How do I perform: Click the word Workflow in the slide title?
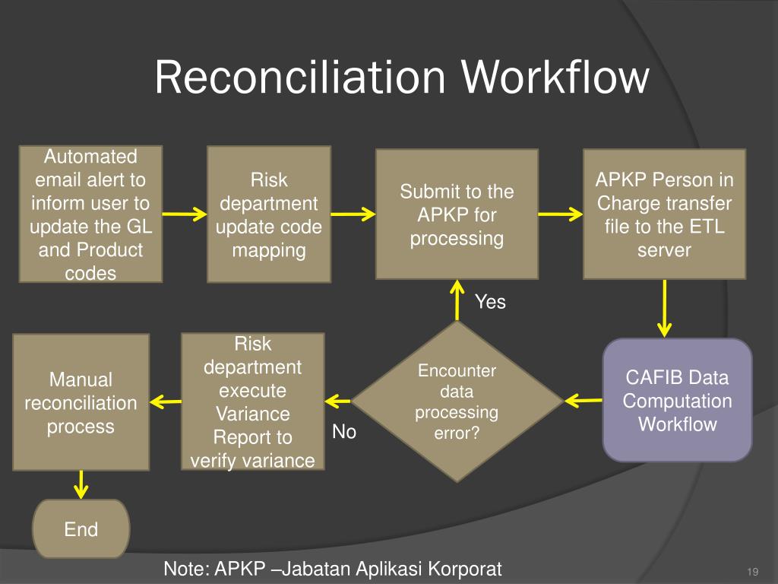555,78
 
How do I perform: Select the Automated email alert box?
90,214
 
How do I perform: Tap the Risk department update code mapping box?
268,214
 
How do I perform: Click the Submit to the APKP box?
457,214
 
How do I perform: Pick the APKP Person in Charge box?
664,214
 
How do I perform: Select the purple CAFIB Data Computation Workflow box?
677,400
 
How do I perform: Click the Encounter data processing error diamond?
457,401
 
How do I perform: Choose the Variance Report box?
252,401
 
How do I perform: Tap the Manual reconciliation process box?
81,401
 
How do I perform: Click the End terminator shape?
81,529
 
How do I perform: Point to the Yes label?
490,302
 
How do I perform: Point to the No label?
344,432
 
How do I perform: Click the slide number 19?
754,572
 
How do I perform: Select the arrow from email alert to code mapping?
185,214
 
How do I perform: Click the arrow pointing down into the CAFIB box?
665,308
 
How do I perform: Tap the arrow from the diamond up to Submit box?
457,300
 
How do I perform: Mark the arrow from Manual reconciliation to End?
81,484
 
